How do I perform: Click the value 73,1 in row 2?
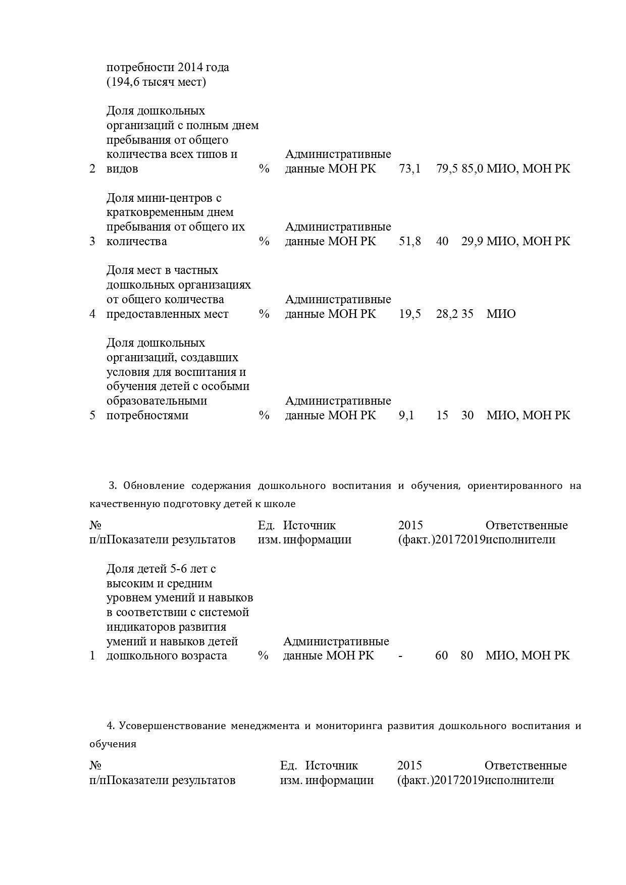click(409, 169)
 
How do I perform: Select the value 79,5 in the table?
click(446, 169)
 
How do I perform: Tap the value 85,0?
click(472, 169)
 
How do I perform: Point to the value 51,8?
click(409, 241)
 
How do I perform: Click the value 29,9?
click(472, 241)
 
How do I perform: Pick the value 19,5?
click(409, 314)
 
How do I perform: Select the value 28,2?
click(446, 314)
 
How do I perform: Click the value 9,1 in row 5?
click(406, 415)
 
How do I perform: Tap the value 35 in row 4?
click(467, 314)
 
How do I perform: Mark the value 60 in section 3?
click(441, 655)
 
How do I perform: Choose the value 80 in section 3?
click(466, 655)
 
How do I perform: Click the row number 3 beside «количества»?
click(92, 241)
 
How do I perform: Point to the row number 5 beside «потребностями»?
click(92, 415)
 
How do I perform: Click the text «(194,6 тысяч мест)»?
click(156, 82)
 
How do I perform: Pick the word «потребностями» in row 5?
click(147, 415)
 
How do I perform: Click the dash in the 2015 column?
click(400, 655)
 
